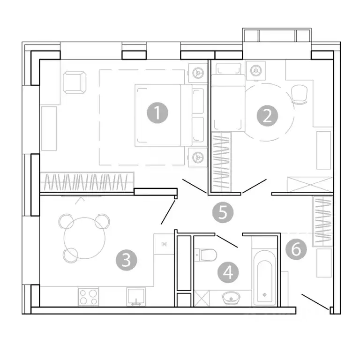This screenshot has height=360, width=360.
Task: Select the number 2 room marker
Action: click(267, 115)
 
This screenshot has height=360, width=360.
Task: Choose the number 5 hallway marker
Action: click(223, 212)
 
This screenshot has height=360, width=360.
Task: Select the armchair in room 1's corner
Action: click(75, 82)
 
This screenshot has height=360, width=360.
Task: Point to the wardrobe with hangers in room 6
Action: click(322, 220)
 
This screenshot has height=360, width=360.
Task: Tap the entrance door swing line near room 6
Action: click(315, 301)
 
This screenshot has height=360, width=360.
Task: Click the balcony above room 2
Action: click(276, 36)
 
